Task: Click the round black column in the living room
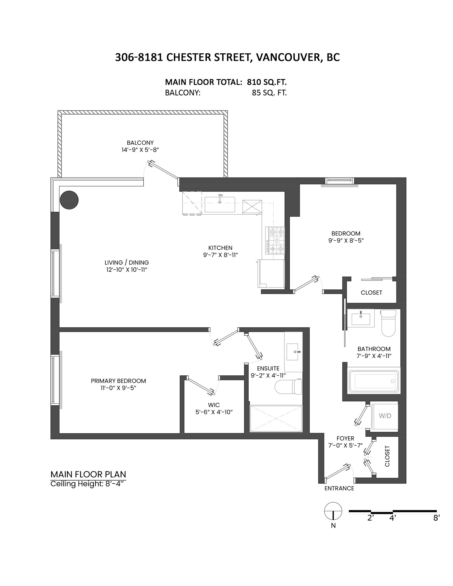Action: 69,200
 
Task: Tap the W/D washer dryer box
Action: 385,416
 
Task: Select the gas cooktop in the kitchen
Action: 275,240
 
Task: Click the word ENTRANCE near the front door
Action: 339,488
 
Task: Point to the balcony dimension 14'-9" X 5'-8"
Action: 140,150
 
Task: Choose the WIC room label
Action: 214,405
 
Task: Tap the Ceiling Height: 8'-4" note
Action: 88,484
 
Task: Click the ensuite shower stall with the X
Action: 276,419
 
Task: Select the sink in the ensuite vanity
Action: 292,352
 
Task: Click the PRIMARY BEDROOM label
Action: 118,381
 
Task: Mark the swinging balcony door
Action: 163,170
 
